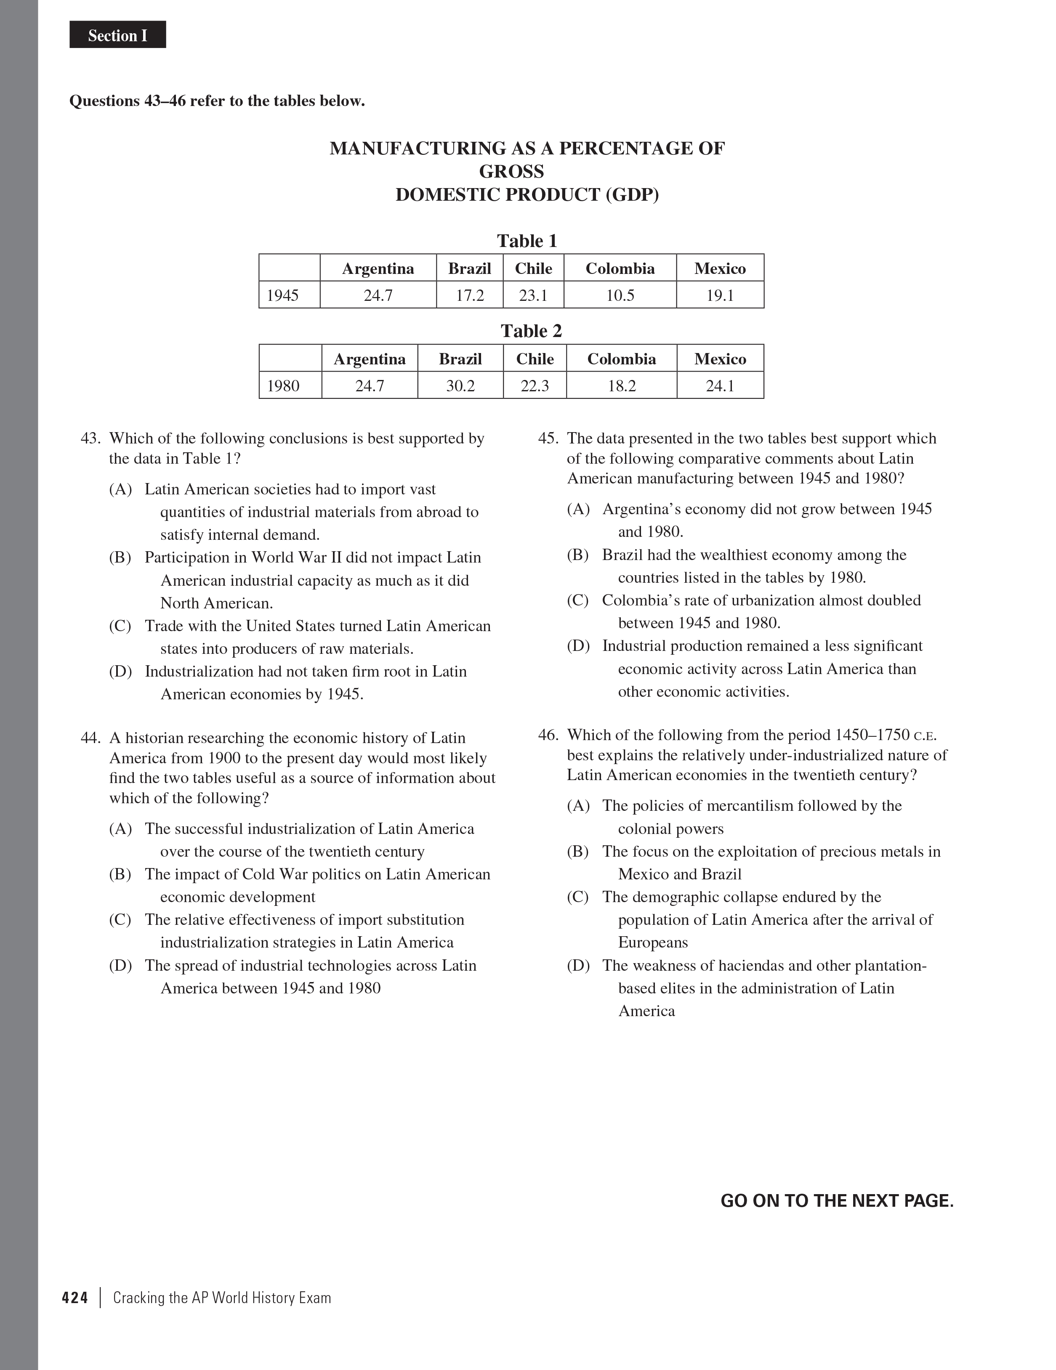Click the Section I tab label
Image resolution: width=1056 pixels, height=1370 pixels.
(x=117, y=36)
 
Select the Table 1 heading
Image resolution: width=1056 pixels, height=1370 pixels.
(x=527, y=241)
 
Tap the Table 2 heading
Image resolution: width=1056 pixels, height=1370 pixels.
(x=531, y=331)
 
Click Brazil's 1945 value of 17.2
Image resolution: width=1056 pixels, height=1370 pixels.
(x=469, y=295)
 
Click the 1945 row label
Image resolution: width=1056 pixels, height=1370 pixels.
(x=282, y=295)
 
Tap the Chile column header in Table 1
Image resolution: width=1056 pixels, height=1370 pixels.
(x=533, y=268)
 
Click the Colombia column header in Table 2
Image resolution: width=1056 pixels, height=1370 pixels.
(x=621, y=359)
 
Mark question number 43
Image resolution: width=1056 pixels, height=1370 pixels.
(x=91, y=438)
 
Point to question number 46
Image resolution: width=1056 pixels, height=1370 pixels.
(x=548, y=735)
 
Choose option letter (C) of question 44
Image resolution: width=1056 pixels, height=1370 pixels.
(x=120, y=920)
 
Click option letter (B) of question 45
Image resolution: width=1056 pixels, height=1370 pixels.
(x=578, y=555)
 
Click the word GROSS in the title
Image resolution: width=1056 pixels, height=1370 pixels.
(x=511, y=171)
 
